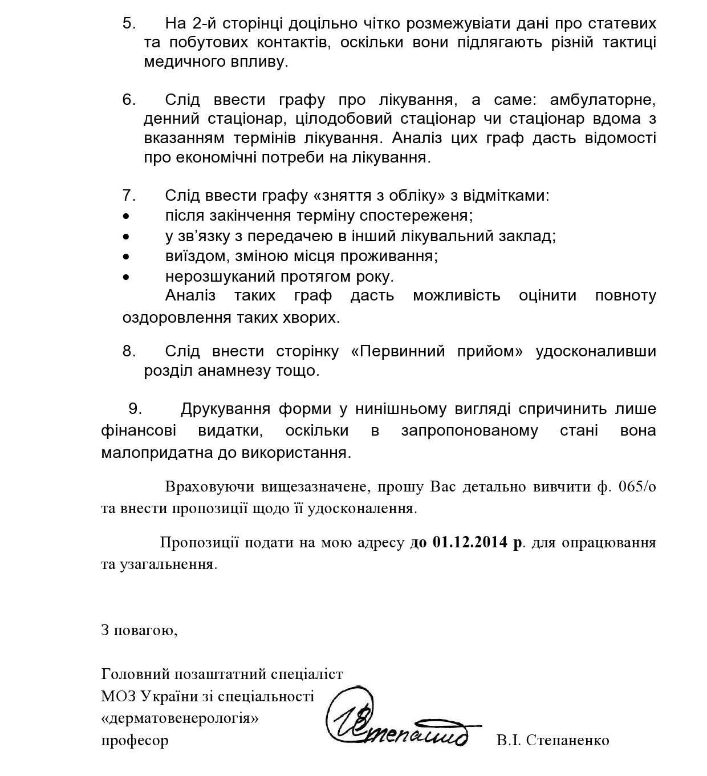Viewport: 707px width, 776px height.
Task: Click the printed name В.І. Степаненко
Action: [552, 740]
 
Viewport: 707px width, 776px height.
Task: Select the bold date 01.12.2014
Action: [470, 542]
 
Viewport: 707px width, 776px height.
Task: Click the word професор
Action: [135, 741]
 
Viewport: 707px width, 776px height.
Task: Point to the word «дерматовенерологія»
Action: [180, 718]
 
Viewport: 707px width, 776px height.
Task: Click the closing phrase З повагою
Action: [139, 630]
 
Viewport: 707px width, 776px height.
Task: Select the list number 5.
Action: [129, 23]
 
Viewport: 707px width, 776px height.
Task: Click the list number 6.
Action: [129, 100]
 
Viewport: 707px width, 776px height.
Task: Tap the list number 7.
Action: [129, 196]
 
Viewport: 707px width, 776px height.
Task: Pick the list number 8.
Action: [129, 351]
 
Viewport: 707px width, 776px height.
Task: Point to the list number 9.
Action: [135, 409]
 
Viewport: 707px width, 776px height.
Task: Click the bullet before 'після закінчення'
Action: [126, 216]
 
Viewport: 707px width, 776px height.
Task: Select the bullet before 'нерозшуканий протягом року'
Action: [126, 277]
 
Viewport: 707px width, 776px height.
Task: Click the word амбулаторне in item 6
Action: [603, 100]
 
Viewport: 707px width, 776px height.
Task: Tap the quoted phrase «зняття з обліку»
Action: [379, 196]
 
